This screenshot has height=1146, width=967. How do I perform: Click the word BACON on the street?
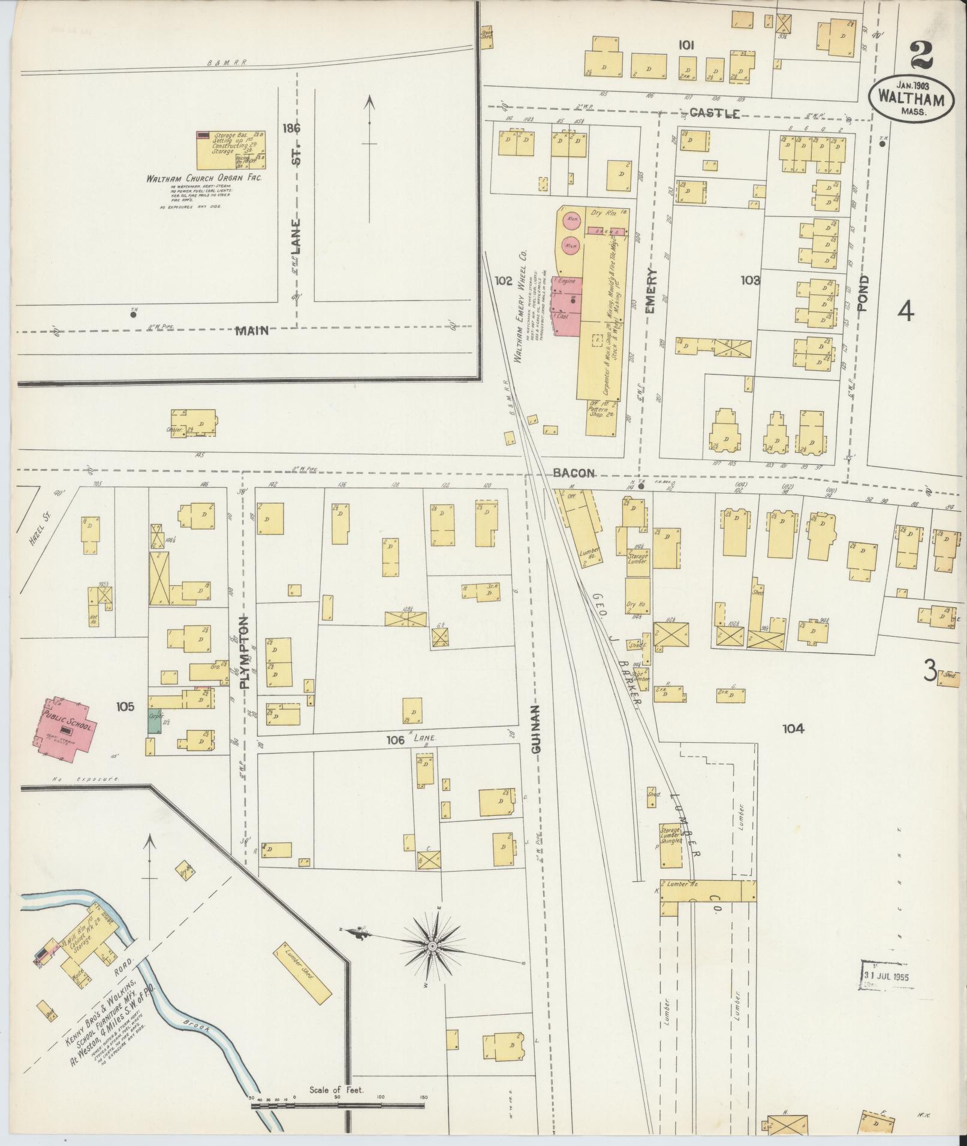(x=574, y=473)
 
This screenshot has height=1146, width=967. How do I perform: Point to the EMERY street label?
(x=651, y=292)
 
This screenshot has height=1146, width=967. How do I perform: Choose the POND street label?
(x=863, y=294)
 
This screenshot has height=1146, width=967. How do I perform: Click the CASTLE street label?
(x=713, y=114)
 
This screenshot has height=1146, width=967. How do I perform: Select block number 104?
(x=793, y=728)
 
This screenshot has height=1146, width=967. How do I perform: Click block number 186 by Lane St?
(x=294, y=128)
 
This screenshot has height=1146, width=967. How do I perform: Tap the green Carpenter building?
(x=155, y=722)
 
